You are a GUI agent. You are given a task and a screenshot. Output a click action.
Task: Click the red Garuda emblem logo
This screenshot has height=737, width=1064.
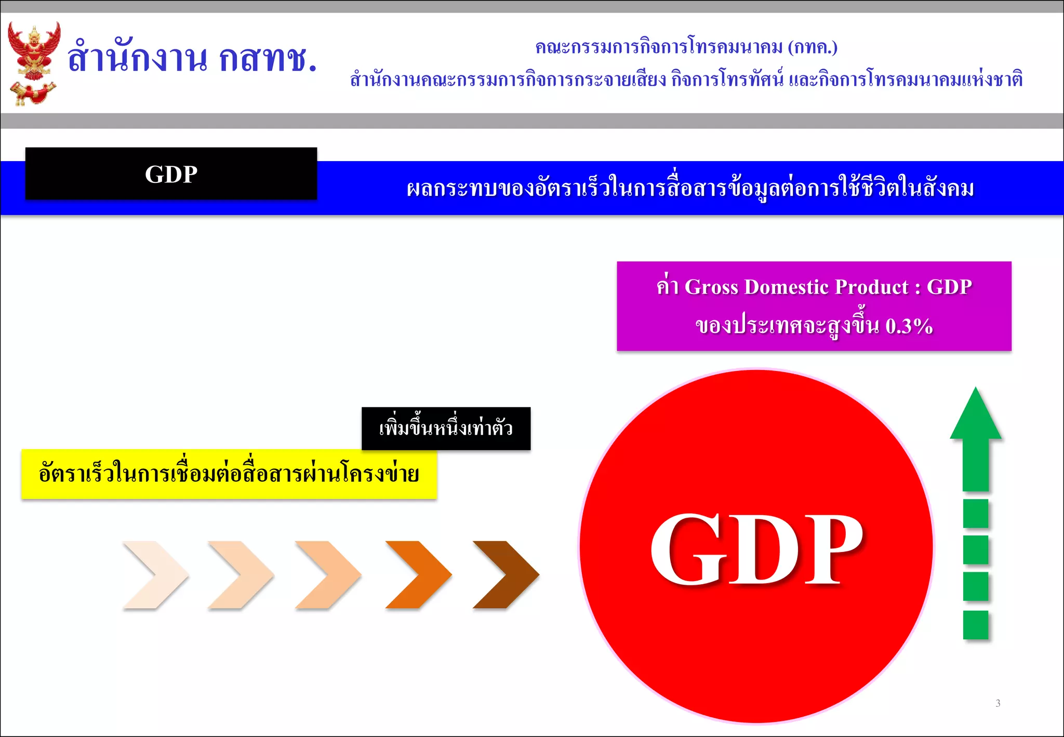[34, 62]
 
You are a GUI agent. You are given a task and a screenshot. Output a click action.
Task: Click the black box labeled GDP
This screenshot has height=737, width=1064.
[171, 174]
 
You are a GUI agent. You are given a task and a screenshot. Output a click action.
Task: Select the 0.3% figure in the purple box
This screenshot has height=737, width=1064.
[909, 326]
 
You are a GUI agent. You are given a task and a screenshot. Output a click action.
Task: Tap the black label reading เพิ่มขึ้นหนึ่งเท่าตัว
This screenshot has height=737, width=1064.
[446, 429]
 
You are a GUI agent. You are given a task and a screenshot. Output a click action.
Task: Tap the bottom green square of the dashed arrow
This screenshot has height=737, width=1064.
[976, 625]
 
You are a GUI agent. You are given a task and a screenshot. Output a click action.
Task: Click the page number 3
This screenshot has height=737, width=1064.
[997, 703]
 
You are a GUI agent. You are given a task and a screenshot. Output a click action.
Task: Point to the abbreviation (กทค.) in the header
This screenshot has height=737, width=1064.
[813, 47]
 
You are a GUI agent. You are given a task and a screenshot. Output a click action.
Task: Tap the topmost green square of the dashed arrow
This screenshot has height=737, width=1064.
[976, 514]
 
